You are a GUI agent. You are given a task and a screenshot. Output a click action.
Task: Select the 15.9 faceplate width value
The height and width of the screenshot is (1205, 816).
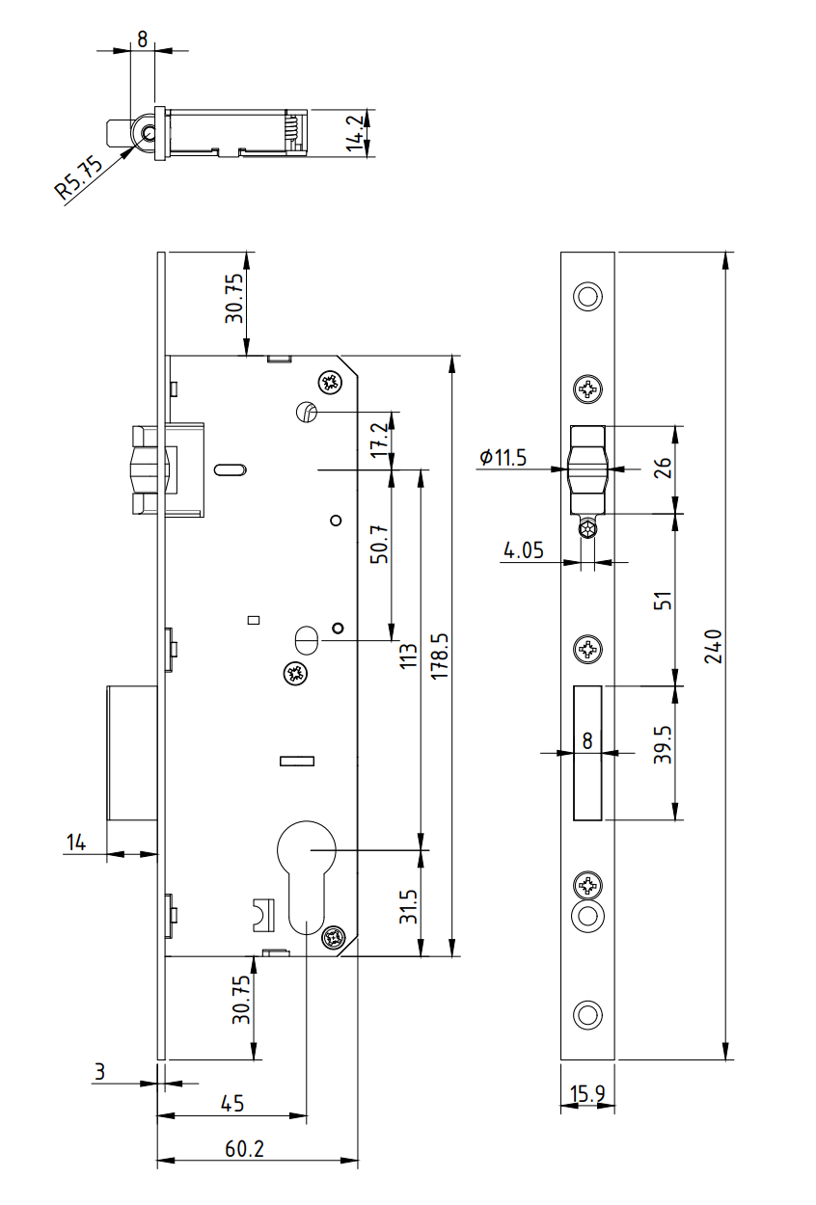[x=586, y=1094]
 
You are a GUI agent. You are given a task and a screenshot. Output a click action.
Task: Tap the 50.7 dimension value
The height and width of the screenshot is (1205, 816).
[x=378, y=544]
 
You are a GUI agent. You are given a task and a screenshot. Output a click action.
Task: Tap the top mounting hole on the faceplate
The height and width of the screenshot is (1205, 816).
[x=587, y=296]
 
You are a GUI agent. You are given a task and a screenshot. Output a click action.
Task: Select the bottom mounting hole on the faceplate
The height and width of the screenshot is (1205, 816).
[x=587, y=1014]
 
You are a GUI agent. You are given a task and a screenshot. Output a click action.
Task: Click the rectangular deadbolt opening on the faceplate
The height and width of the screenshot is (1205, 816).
[x=587, y=753]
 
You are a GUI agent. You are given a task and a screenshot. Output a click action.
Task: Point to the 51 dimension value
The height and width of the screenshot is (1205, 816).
[x=663, y=601]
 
